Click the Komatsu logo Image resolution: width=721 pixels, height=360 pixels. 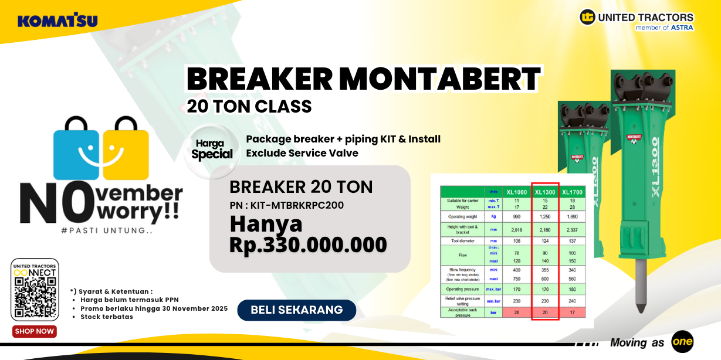(x=57, y=21)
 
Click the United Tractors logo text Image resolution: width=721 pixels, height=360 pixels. (x=645, y=18)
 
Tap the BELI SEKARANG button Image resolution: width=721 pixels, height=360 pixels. (x=296, y=310)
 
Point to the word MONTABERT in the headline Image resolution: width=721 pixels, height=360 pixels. (x=439, y=79)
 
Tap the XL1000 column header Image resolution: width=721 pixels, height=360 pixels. (x=516, y=192)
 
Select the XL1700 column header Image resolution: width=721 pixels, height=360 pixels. (x=572, y=192)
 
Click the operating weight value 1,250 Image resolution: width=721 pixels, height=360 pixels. (x=545, y=216)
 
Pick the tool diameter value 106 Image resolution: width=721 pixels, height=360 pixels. (x=516, y=240)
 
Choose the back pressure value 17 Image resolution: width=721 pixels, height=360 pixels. (x=572, y=313)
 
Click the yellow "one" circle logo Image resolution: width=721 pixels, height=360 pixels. (x=682, y=342)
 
